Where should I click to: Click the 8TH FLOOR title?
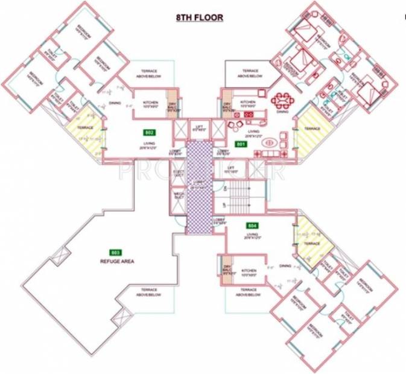199,17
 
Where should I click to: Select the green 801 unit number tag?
241,145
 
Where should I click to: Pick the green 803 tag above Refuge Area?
115,252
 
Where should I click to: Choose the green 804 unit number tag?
253,226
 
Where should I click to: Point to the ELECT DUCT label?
179,173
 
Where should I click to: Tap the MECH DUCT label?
179,196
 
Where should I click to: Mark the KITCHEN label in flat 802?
151,103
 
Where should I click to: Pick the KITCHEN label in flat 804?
249,271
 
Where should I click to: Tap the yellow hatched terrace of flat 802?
84,129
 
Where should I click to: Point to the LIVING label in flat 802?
150,143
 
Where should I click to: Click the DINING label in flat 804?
285,266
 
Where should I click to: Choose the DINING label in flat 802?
115,104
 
